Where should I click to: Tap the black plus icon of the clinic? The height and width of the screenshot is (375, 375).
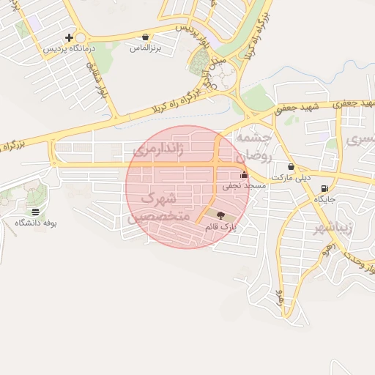point(69,37)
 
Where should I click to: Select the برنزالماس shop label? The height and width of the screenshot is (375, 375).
point(145,48)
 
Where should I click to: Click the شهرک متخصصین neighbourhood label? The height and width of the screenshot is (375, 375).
point(159,207)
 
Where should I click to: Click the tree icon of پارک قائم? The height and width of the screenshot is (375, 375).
point(221,215)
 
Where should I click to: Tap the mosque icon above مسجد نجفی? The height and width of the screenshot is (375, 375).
point(244,175)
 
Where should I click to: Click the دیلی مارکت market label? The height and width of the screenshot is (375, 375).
point(291,178)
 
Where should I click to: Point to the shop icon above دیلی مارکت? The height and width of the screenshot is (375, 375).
point(291,166)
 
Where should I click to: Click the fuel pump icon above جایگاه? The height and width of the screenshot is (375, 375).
point(324,188)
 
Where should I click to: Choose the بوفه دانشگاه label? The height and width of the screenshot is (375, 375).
point(35,223)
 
